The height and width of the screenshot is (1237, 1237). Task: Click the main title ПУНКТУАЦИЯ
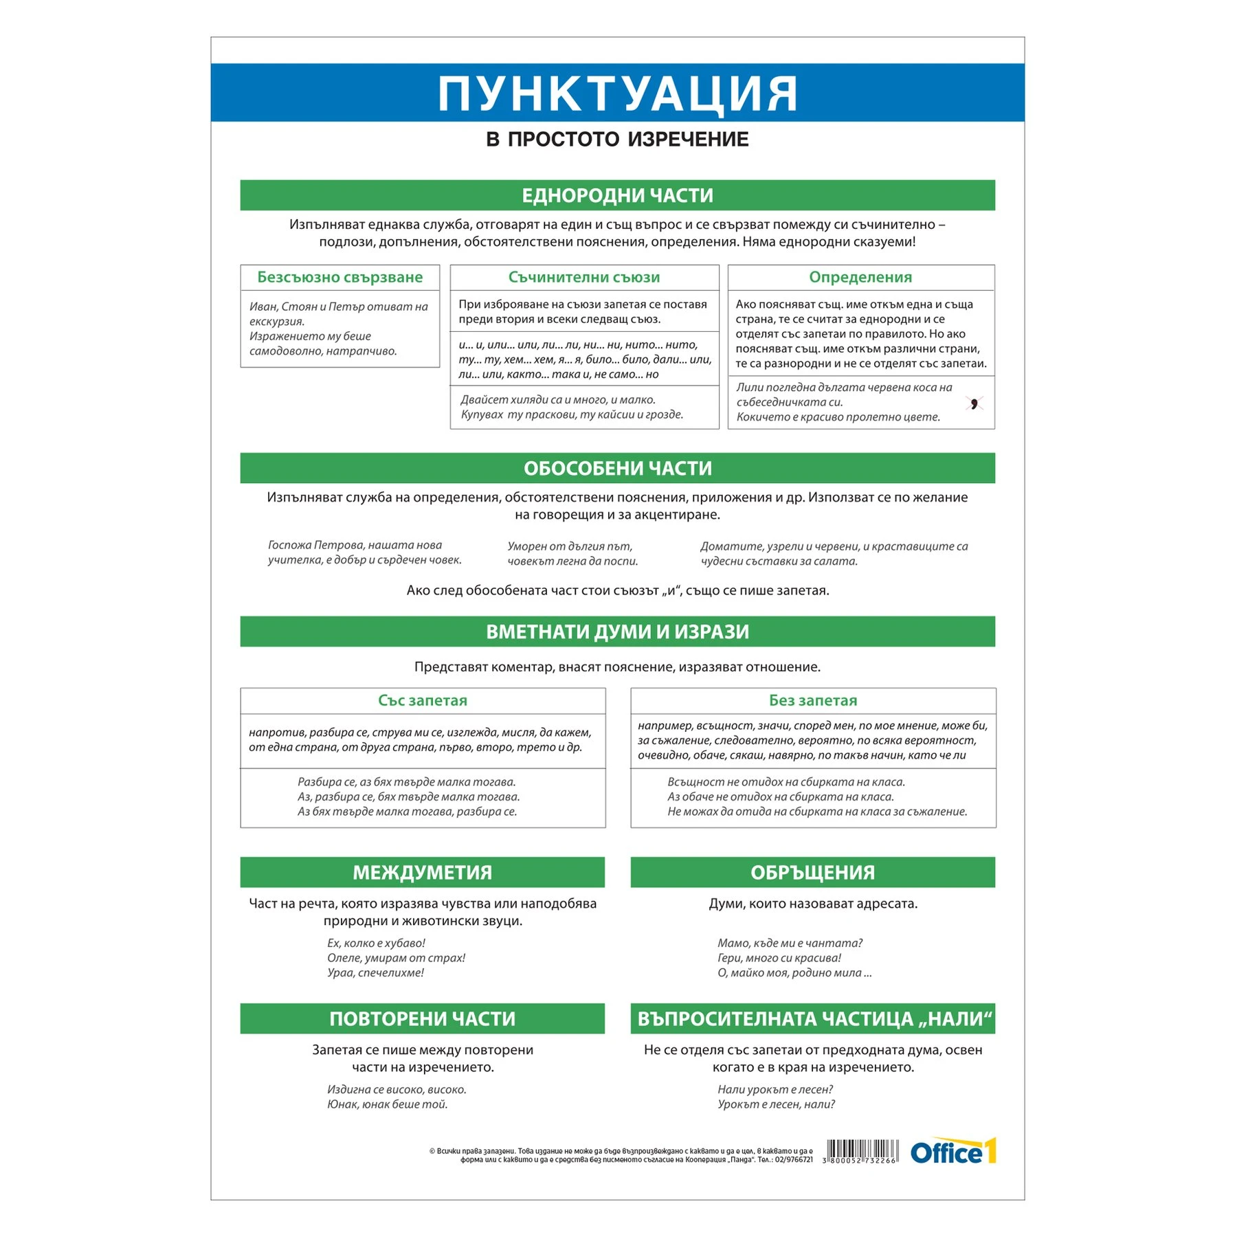click(617, 93)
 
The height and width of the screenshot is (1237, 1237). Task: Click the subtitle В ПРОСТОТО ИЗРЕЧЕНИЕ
click(617, 140)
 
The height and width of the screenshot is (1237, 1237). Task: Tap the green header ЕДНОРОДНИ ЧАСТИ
click(617, 196)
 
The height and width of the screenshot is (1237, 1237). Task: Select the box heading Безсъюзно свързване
click(339, 278)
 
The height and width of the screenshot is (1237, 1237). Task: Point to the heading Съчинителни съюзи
click(584, 278)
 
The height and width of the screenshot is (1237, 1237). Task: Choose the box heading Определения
click(860, 278)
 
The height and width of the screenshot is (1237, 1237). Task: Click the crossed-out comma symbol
click(974, 403)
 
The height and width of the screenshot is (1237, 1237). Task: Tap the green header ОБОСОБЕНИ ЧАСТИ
click(617, 469)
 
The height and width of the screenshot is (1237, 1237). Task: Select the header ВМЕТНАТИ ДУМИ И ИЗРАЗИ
click(617, 632)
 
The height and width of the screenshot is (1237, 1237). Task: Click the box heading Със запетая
click(422, 701)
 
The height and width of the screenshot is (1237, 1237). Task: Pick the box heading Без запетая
click(813, 701)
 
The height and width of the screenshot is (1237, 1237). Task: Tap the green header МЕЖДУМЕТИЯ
click(422, 873)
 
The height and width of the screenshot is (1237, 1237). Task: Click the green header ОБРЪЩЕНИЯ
click(812, 873)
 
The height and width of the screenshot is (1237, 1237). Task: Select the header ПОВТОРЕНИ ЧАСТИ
click(422, 1019)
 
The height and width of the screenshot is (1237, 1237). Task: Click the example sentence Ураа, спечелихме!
click(375, 973)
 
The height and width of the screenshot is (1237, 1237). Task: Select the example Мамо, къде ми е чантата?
click(790, 944)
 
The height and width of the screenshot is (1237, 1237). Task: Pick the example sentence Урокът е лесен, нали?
click(776, 1104)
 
